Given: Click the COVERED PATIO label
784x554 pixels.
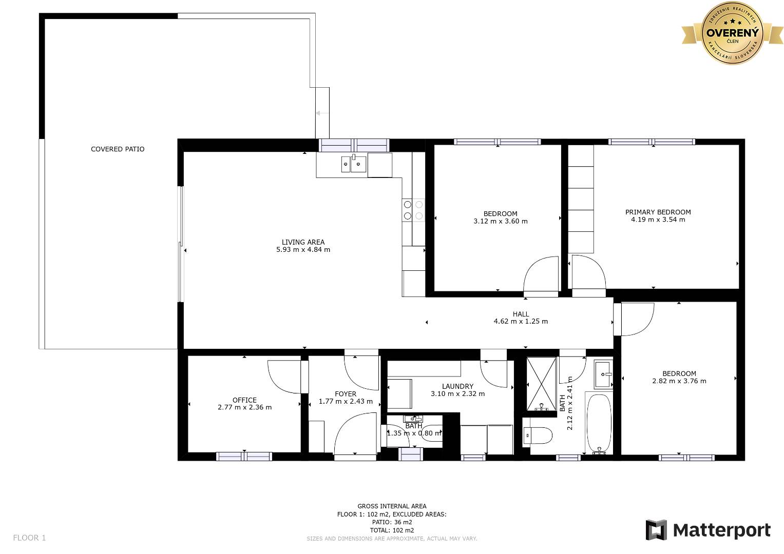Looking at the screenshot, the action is coord(118,149).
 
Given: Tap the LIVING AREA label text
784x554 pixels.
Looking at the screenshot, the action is coord(303,242).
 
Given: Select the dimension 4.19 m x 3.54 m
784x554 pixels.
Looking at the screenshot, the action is coord(658,220).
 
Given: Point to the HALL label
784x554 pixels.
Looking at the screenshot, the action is coord(521,314).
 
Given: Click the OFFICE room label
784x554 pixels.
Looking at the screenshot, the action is coord(245,400).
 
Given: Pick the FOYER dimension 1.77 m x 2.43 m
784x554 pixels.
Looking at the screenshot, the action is coord(346,402).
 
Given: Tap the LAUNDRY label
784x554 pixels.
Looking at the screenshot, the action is coord(457,386).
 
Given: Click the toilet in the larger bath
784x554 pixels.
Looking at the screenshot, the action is coord(538,436).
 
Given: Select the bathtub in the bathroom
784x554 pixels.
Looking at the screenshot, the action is coord(599,424).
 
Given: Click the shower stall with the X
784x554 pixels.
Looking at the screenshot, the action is coord(542,384).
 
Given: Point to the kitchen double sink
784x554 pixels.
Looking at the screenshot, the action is coord(354,164).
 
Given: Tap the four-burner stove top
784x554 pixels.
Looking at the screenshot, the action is coord(413,210).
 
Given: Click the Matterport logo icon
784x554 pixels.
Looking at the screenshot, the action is coord(656,530).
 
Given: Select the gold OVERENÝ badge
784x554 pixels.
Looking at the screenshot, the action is coord(732,33).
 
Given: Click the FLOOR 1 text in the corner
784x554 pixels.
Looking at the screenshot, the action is coord(29,538).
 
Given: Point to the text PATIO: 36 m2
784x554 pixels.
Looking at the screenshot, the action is coord(392,522).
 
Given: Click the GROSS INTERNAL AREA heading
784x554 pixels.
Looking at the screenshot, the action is coord(392,506).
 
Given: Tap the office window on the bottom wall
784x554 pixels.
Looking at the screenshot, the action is coord(244,457).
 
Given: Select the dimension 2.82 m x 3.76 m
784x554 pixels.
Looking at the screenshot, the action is coord(679,381).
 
